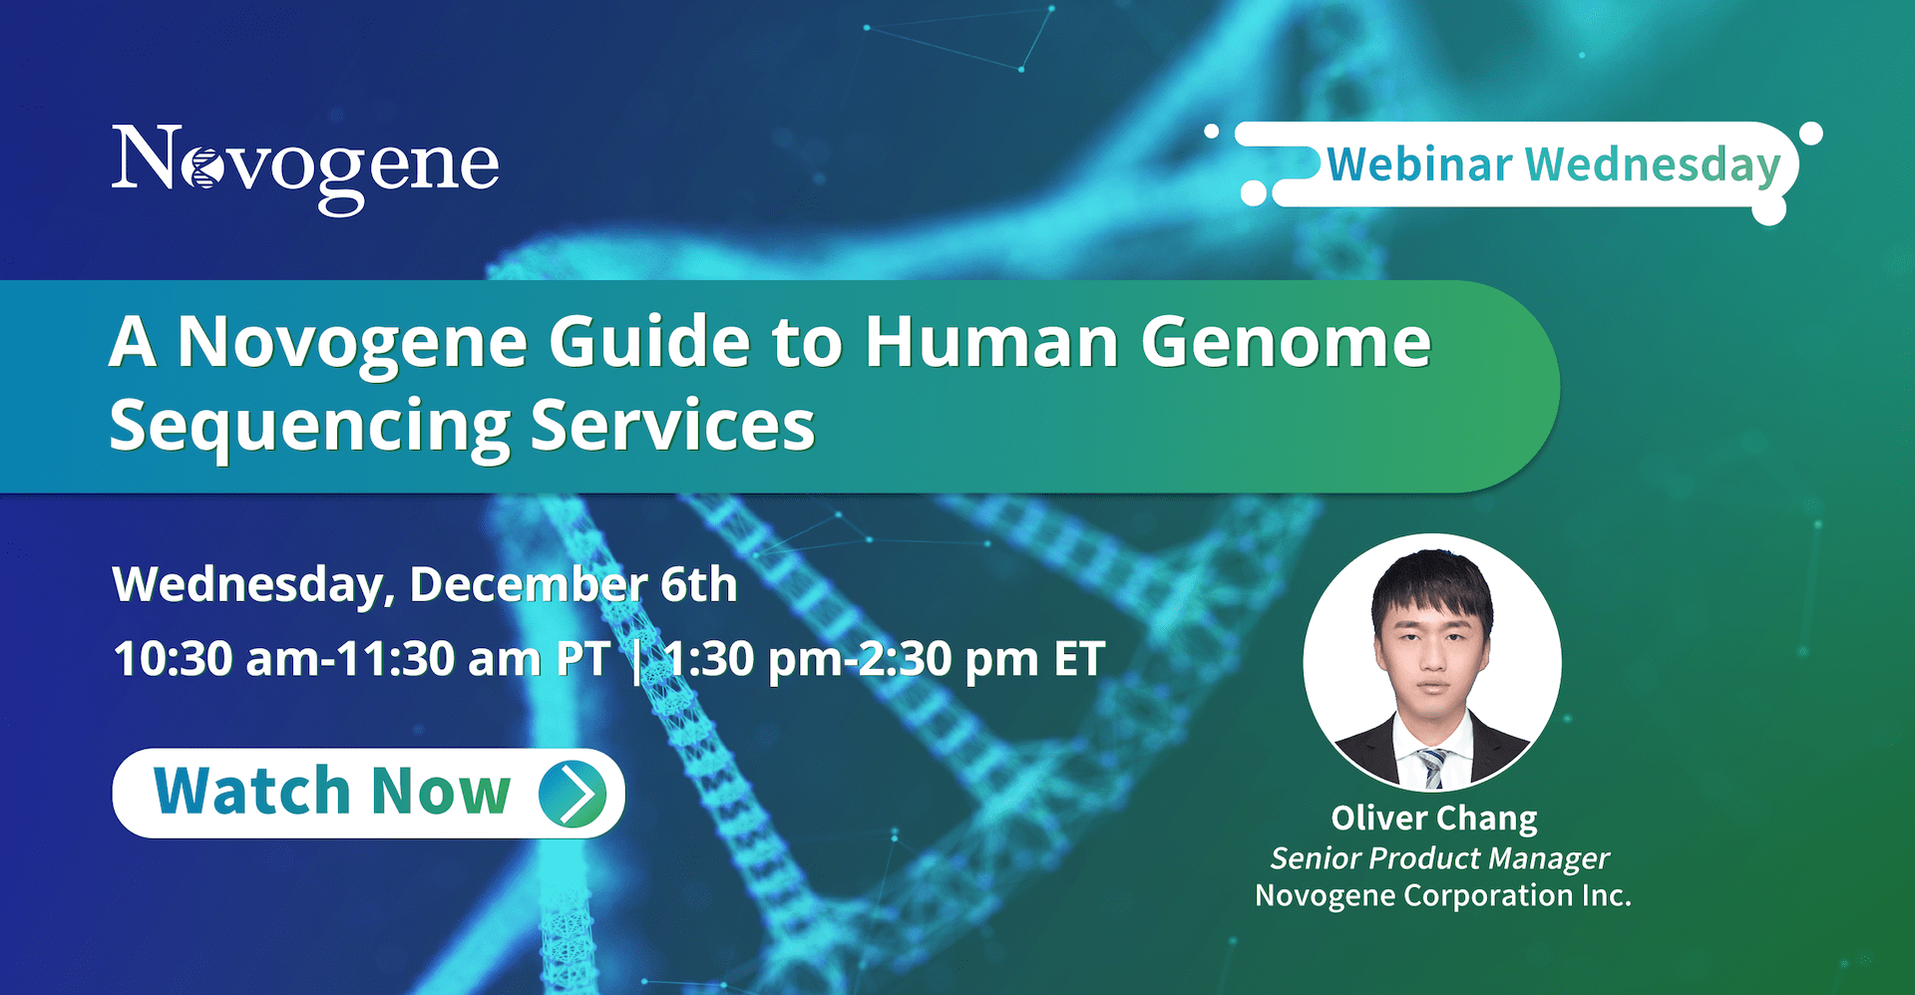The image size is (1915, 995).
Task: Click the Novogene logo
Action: pyautogui.click(x=305, y=167)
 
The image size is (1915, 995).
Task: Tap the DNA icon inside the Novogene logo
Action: pyautogui.click(x=204, y=167)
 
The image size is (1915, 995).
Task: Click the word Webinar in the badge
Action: pyautogui.click(x=1419, y=165)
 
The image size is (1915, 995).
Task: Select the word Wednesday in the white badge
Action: pyautogui.click(x=1653, y=166)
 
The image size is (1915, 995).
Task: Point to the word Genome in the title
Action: pyautogui.click(x=1287, y=343)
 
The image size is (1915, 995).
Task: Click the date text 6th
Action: pyautogui.click(x=698, y=584)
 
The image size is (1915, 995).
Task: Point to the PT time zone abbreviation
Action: pyautogui.click(x=582, y=659)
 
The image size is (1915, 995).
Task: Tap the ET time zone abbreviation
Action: pyautogui.click(x=1079, y=659)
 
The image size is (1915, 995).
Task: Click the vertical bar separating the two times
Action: pyautogui.click(x=637, y=661)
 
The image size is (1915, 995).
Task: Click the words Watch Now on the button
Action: pyautogui.click(x=332, y=793)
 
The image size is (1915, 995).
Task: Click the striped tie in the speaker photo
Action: pyautogui.click(x=1432, y=769)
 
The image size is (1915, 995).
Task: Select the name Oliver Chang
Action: pyautogui.click(x=1434, y=820)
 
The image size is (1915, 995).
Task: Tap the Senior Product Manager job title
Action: pyautogui.click(x=1439, y=858)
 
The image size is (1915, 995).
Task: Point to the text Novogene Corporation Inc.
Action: pyautogui.click(x=1443, y=895)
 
